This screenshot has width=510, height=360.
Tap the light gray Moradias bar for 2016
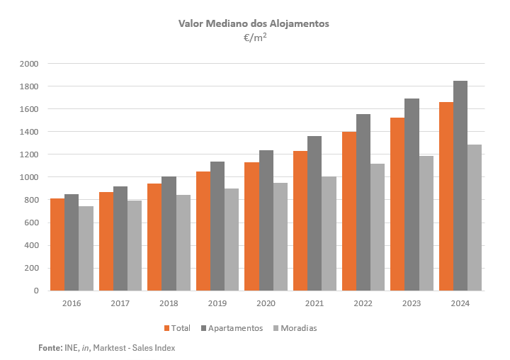[86, 248]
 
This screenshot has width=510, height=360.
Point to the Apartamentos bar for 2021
[314, 213]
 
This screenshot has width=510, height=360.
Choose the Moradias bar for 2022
[377, 227]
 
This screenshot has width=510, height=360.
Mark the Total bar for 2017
[106, 241]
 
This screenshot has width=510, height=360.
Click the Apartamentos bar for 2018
[169, 233]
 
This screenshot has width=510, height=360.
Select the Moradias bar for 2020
[280, 237]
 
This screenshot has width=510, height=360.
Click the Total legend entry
[177, 328]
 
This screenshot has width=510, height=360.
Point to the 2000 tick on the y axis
[29, 64]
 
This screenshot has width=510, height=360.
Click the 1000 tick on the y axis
[29, 177]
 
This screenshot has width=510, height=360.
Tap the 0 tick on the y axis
[35, 291]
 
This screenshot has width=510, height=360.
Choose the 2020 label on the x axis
[266, 303]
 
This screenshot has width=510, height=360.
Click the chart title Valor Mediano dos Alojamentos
[254, 23]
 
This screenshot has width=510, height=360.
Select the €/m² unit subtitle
[254, 38]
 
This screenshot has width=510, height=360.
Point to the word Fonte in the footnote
[50, 348]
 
